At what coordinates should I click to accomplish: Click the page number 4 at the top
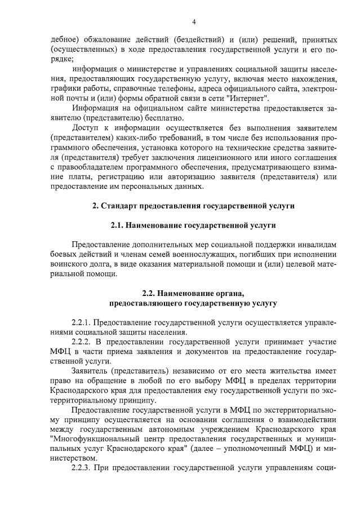tap(194, 22)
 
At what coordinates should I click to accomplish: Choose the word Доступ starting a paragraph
tap(85, 128)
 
